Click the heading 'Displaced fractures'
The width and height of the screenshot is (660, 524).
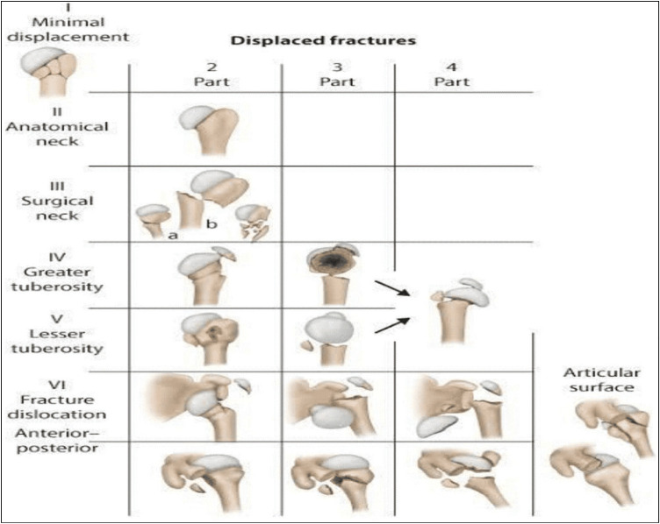point(322,40)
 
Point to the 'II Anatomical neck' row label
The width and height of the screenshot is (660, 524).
point(56,125)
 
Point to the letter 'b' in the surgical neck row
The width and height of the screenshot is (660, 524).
point(211,225)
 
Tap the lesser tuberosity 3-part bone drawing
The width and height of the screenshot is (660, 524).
point(329,336)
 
